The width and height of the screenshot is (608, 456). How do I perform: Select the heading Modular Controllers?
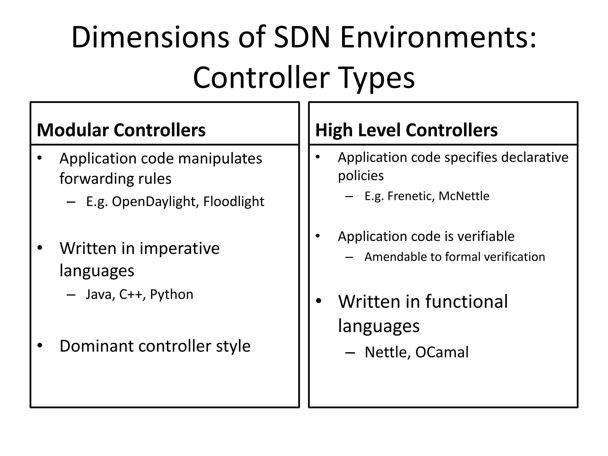pos(121,130)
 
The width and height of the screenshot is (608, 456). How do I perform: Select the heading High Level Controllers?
pos(406,130)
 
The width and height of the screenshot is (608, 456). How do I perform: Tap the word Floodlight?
pos(234,202)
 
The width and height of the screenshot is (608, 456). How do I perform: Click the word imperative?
pos(180,248)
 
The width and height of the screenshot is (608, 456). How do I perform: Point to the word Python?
pos(172,294)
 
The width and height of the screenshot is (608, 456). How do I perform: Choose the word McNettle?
pos(464,196)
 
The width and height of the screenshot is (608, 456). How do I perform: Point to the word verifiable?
pos(485,237)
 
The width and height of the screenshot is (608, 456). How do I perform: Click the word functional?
pos(466,302)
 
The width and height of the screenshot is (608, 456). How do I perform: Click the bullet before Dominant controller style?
pos(40,346)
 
